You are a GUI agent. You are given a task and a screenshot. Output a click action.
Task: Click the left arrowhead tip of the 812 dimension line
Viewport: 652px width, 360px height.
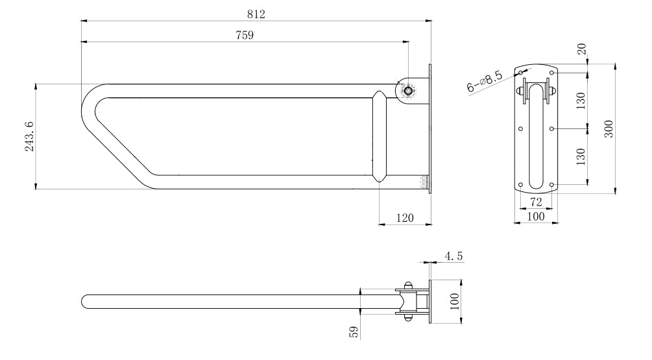pyautogui.click(x=81, y=20)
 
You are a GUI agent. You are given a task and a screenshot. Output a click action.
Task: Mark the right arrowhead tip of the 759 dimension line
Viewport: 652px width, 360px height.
pyautogui.click(x=408, y=42)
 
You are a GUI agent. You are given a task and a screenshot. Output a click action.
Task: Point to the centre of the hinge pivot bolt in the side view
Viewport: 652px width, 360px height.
pyautogui.click(x=409, y=90)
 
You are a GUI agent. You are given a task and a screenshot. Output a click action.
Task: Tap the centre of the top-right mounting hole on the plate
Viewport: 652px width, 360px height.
pyautogui.click(x=552, y=73)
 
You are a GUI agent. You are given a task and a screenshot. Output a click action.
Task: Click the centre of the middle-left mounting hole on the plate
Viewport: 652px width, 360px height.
pyautogui.click(x=520, y=129)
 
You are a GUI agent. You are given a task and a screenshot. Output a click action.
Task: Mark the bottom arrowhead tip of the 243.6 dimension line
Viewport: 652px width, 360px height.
pyautogui.click(x=36, y=189)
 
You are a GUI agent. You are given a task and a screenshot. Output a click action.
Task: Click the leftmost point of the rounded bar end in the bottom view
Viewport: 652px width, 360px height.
pyautogui.click(x=82, y=302)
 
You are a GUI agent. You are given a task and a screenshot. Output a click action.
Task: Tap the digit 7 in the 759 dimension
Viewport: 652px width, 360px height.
pyautogui.click(x=238, y=35)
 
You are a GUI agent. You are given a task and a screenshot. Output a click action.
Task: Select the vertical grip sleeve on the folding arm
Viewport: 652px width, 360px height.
pyautogui.click(x=380, y=137)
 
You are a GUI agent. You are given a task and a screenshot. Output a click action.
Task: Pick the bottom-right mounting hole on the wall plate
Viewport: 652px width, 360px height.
pyautogui.click(x=552, y=185)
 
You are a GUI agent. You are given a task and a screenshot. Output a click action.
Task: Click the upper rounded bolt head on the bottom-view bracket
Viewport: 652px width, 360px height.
pyautogui.click(x=408, y=285)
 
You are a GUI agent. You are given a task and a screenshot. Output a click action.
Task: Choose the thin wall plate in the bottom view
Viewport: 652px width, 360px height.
pyautogui.click(x=430, y=302)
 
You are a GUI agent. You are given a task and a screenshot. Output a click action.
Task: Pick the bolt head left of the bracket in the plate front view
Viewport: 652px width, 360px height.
pyautogui.click(x=520, y=90)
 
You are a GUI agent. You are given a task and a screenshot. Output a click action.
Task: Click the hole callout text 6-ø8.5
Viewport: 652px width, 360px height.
pyautogui.click(x=485, y=82)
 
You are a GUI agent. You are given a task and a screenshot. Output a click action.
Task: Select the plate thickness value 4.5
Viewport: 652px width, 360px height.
pyautogui.click(x=453, y=256)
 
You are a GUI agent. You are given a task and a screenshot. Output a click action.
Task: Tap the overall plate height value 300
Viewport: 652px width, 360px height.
pyautogui.click(x=609, y=129)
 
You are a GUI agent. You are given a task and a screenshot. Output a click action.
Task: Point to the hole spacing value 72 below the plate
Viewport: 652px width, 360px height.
pyautogui.click(x=536, y=202)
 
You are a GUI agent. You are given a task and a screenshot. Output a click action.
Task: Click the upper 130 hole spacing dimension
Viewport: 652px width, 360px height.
pyautogui.click(x=581, y=101)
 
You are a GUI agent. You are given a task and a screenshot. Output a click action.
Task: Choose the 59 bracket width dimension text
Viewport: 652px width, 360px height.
pyautogui.click(x=354, y=332)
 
